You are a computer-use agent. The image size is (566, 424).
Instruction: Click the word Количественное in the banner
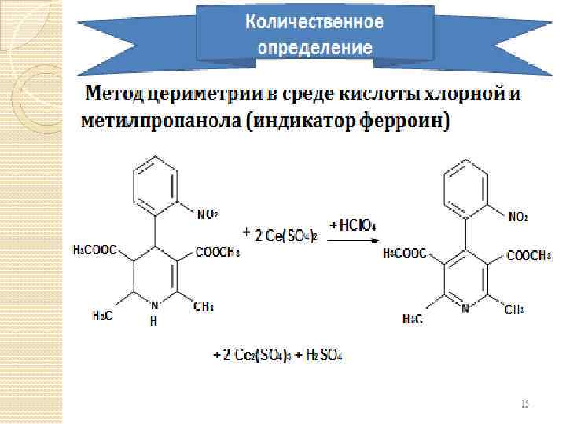tap(314, 21)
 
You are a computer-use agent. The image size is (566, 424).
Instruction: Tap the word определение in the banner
tap(314, 46)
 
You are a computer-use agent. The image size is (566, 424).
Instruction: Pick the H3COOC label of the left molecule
tap(94, 250)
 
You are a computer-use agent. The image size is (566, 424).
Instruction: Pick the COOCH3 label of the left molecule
tap(217, 252)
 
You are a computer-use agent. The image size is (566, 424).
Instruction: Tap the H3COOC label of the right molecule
tap(405, 254)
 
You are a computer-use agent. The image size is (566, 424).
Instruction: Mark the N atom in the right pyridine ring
tap(466, 308)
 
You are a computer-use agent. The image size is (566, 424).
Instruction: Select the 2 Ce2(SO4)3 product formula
tap(255, 356)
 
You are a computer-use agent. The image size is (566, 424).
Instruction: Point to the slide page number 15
tap(525, 404)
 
